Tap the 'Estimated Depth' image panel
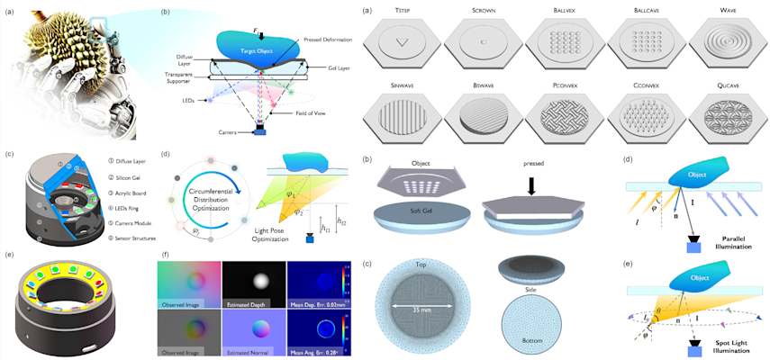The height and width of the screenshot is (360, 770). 253,283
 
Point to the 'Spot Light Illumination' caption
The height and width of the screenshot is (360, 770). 719,345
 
